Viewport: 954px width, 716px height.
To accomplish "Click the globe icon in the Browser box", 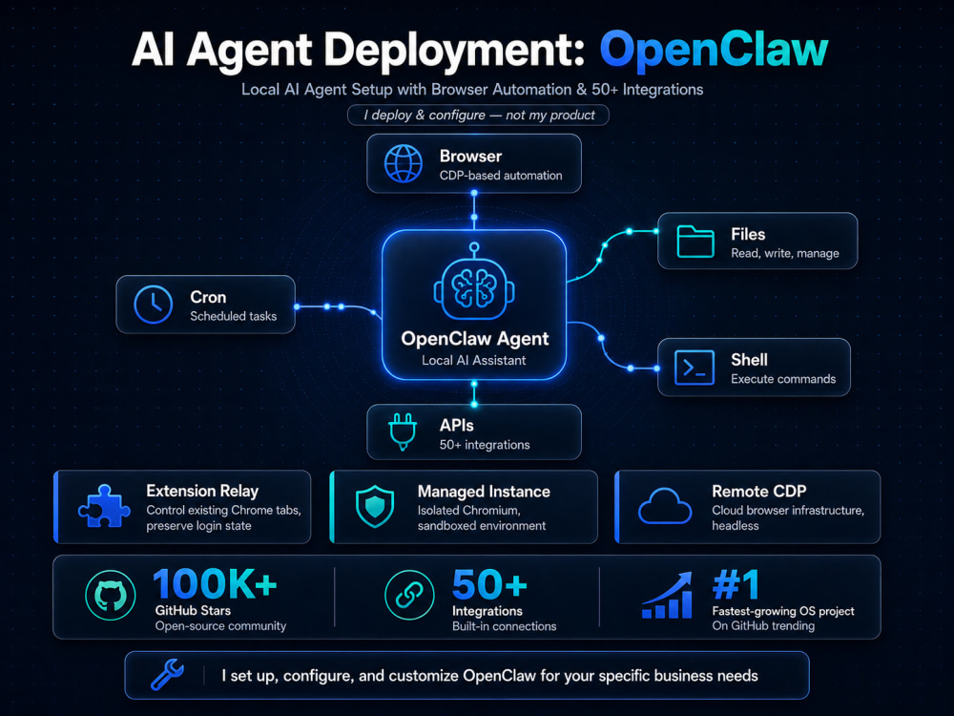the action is (x=403, y=164).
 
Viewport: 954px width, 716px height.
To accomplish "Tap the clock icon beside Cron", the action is (x=154, y=304).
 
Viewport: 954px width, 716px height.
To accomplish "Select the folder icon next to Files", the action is (x=695, y=242).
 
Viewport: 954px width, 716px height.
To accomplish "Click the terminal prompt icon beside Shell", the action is (x=695, y=368).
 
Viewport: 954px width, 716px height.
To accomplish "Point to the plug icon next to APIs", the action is (x=403, y=432).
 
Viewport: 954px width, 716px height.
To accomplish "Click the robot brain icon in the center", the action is (x=474, y=282).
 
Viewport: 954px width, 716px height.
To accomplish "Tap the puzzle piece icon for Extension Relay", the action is (x=104, y=506).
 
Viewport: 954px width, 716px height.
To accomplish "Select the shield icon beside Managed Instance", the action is (x=375, y=506).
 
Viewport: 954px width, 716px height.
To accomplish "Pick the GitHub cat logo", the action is (x=110, y=595).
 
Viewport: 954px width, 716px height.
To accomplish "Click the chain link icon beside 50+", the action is (x=409, y=595).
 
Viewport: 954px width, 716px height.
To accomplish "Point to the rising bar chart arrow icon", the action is (x=668, y=595).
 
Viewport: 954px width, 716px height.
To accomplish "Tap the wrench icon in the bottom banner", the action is (x=167, y=675).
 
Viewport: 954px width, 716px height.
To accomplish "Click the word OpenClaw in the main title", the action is (x=714, y=50).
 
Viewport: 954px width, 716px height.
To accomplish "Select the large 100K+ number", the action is (x=215, y=584).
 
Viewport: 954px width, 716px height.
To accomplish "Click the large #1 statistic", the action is (x=736, y=584).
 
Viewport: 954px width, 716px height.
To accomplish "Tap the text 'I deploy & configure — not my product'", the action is (x=479, y=116).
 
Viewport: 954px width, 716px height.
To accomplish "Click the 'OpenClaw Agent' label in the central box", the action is (x=474, y=339).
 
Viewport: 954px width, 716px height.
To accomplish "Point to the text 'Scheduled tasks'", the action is (x=233, y=316).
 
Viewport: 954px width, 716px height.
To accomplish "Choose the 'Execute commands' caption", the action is (x=783, y=379).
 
